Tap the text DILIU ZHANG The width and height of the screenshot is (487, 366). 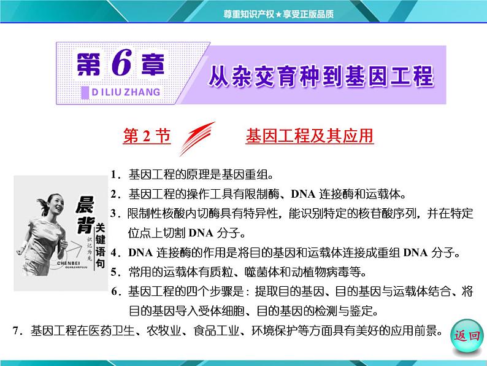pos(126,92)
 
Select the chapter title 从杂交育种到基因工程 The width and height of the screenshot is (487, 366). pos(321,76)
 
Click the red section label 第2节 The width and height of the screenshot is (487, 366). pos(147,136)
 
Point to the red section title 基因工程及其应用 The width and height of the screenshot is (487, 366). pos(310,136)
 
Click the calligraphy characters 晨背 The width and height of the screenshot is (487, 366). pos(85,214)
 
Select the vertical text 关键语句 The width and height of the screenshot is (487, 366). pos(100,246)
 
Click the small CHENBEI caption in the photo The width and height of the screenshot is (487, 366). pos(68,263)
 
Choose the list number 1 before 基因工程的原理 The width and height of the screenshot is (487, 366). pos(114,174)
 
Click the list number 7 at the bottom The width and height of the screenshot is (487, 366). pos(16,330)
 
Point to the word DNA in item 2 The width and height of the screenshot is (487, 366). pos(303,194)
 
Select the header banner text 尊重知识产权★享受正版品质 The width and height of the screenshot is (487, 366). pos(278,14)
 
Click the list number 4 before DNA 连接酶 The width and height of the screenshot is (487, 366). pos(114,252)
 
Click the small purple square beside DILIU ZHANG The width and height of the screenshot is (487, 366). pos(85,92)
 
